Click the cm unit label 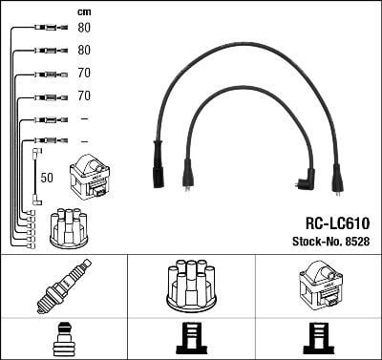click(x=84, y=12)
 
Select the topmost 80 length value click(x=84, y=28)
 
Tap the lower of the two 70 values click(x=84, y=95)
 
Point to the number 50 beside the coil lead click(x=47, y=178)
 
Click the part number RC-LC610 click(x=337, y=223)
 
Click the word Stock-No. click(x=317, y=242)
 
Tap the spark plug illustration click(x=64, y=286)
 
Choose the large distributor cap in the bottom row click(x=191, y=286)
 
